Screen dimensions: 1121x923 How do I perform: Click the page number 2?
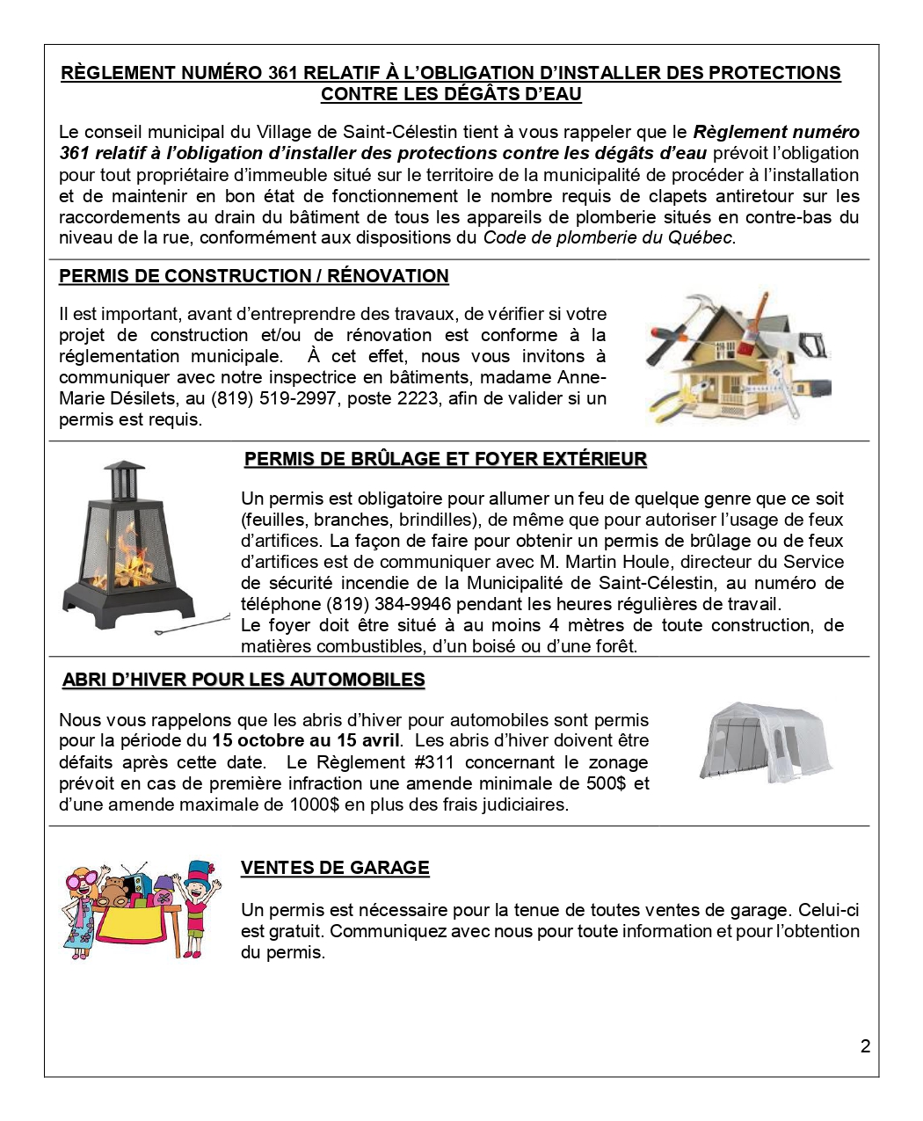(x=865, y=1046)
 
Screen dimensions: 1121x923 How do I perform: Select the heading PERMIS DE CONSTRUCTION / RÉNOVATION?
(x=253, y=276)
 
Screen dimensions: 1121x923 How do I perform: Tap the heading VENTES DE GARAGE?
(x=335, y=868)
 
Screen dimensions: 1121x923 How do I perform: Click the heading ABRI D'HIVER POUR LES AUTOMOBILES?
(x=243, y=680)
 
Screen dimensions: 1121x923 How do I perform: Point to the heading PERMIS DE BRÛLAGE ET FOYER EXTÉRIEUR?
(x=445, y=459)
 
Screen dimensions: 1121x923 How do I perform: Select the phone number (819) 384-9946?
(x=381, y=604)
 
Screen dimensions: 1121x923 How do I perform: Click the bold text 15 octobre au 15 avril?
(x=306, y=740)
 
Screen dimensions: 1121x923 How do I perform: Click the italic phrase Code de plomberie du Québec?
(x=608, y=237)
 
